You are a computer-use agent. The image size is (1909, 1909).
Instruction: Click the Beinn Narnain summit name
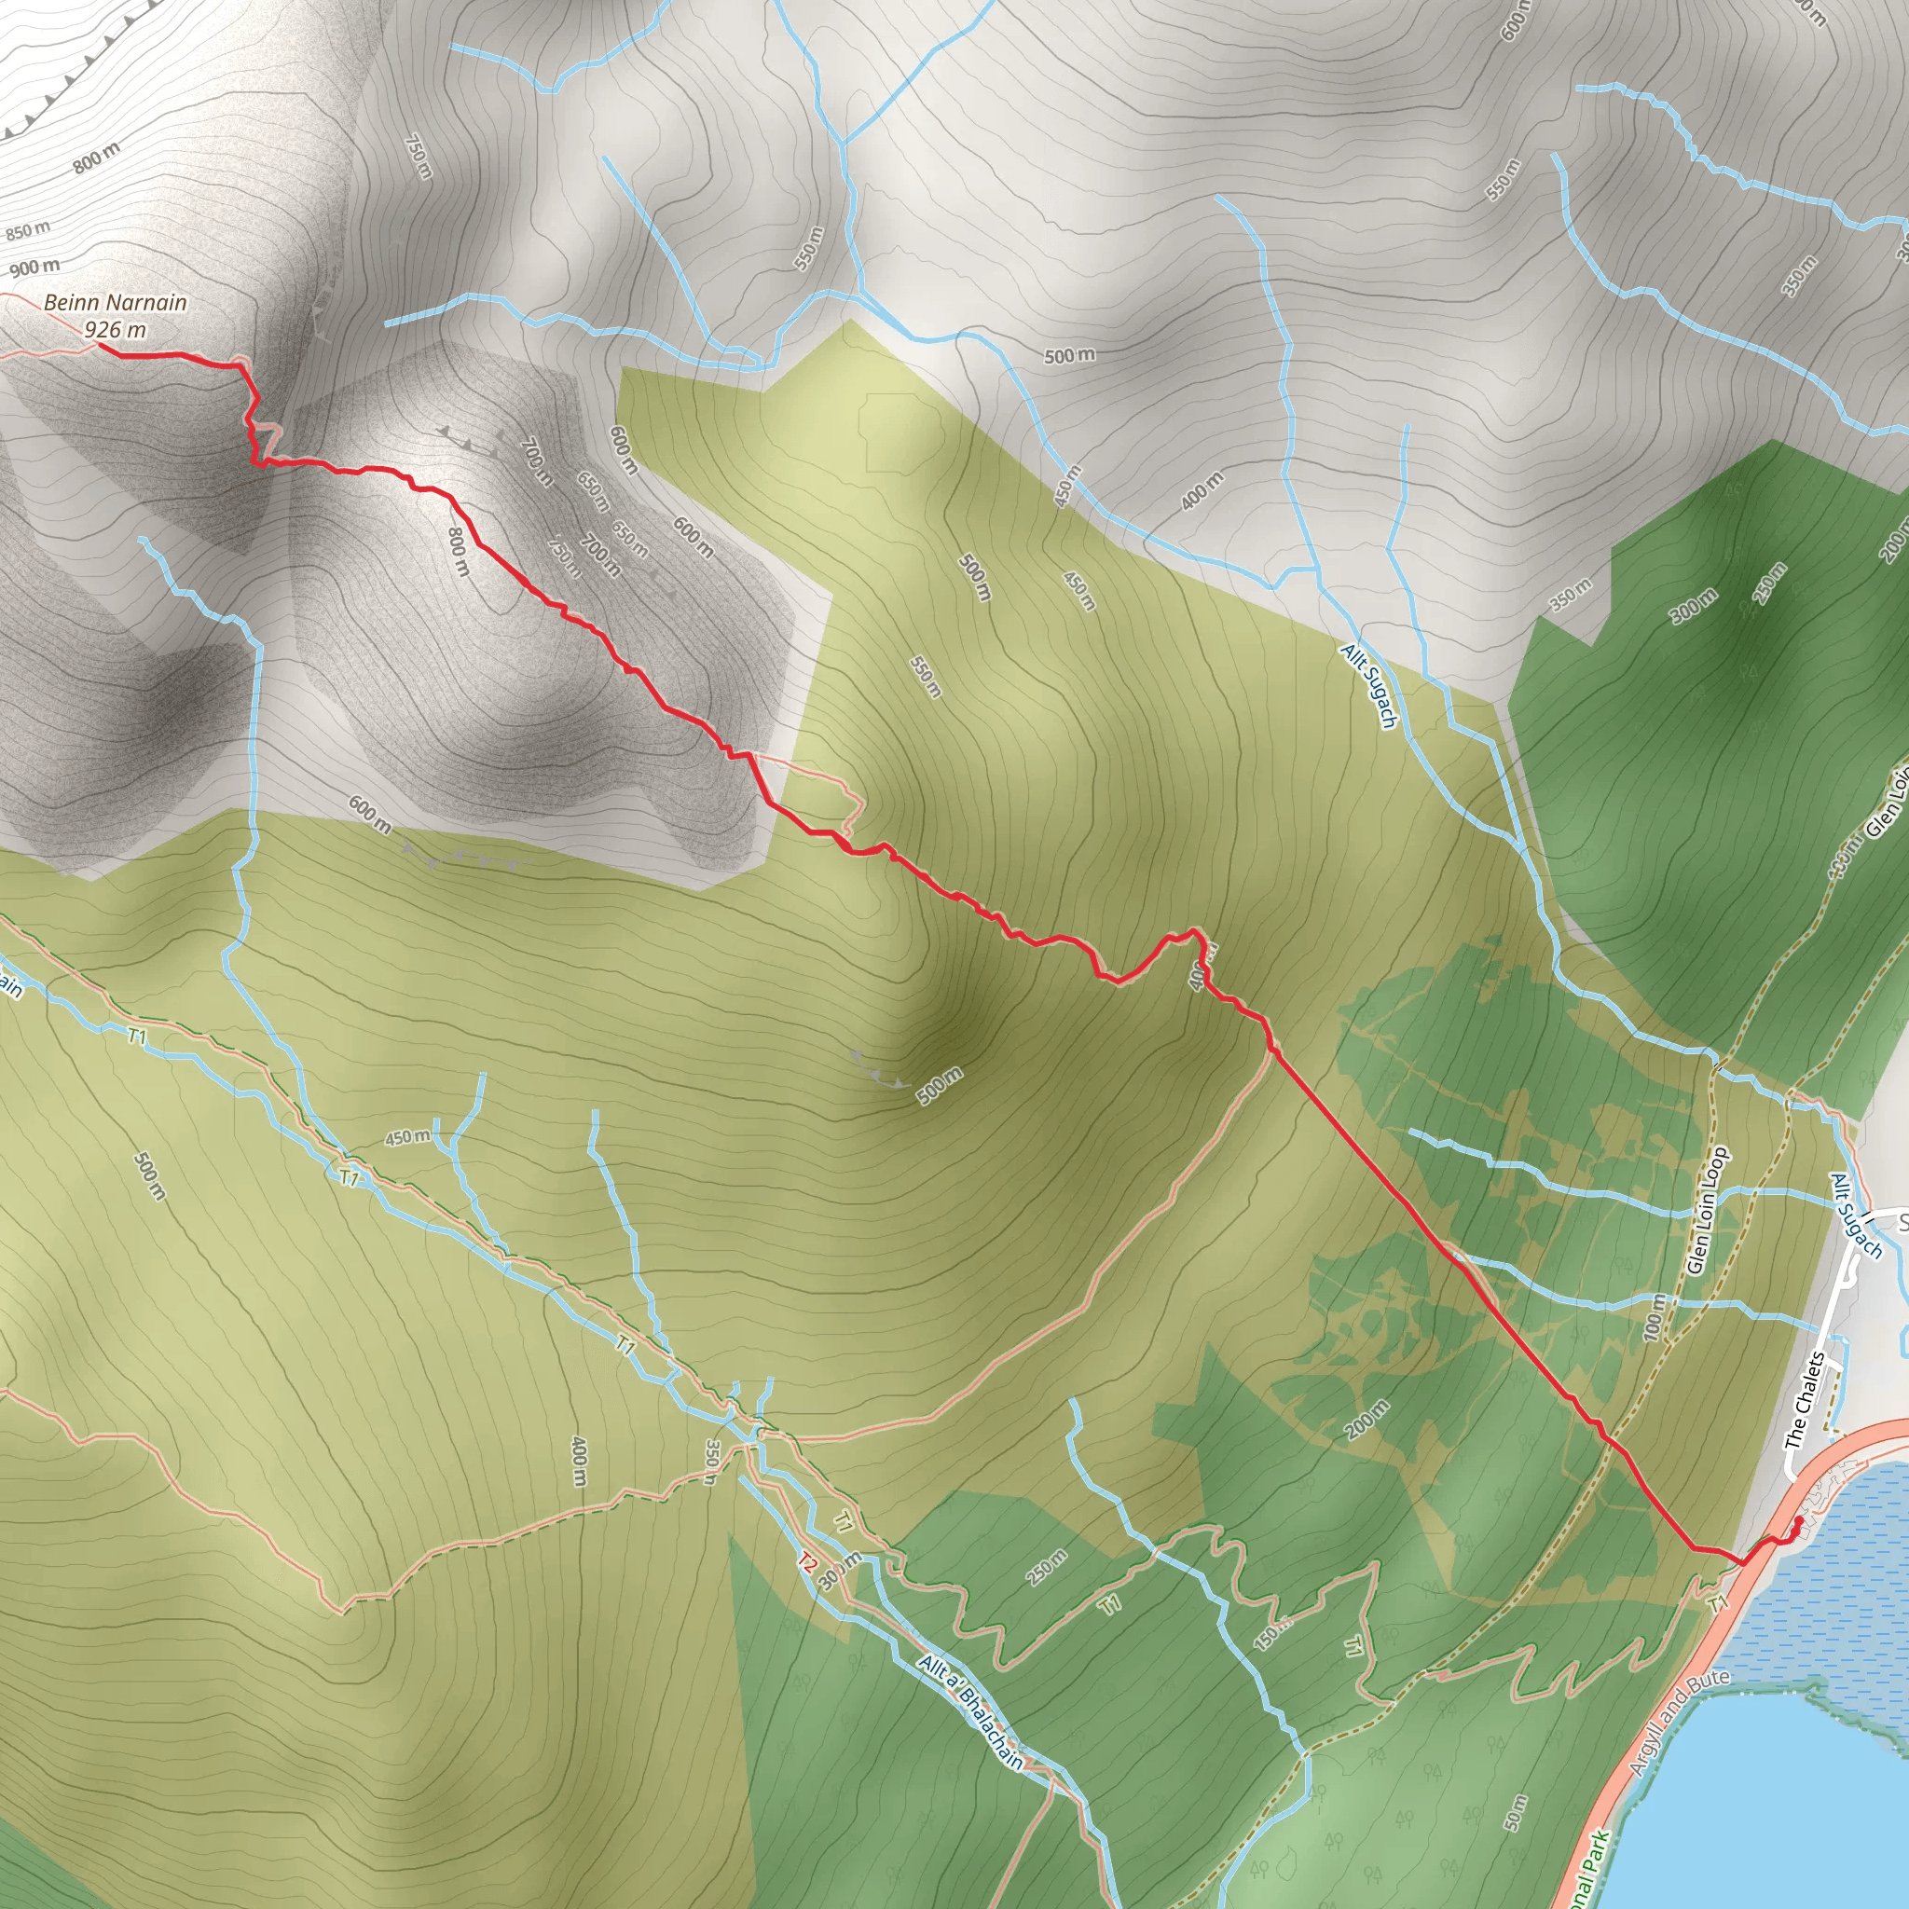point(116,302)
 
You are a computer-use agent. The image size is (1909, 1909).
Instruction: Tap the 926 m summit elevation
point(116,330)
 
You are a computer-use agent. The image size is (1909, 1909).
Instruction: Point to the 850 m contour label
point(28,231)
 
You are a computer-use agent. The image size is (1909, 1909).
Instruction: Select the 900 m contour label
point(35,267)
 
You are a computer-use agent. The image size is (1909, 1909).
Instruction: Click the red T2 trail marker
point(808,1563)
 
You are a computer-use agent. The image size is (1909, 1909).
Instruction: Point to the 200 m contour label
point(1367,1420)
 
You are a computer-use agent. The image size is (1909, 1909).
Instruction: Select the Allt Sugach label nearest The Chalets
point(1856,1217)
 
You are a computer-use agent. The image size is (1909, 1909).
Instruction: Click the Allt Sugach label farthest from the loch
point(1368,686)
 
